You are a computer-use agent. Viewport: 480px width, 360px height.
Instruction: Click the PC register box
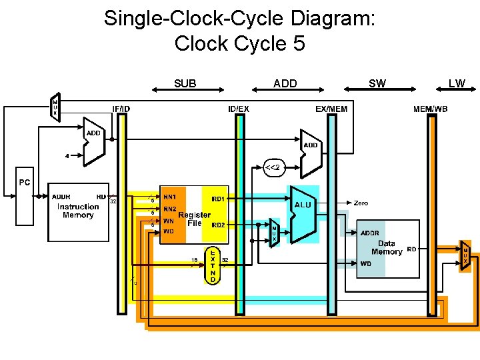[x=25, y=200]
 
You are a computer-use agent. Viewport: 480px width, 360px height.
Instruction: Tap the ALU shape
[x=303, y=213]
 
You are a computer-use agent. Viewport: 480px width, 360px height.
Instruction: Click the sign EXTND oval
[x=212, y=266]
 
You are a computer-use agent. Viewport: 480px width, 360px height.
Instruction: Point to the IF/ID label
[x=121, y=109]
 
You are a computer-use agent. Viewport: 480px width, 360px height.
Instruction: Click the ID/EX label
[x=239, y=109]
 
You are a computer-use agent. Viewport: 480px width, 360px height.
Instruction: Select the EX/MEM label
[x=331, y=109]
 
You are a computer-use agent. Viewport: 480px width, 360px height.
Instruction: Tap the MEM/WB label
[x=431, y=109]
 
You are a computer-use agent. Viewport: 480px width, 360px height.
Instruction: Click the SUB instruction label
[x=185, y=84]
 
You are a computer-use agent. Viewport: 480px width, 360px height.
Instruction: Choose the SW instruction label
[x=377, y=83]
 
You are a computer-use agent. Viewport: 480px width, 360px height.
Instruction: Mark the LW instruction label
[x=457, y=83]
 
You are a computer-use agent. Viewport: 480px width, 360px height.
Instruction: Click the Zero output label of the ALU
[x=361, y=202]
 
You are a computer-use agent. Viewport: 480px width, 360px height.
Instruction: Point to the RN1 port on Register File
[x=169, y=197]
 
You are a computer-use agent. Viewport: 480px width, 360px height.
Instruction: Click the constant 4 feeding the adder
[x=66, y=157]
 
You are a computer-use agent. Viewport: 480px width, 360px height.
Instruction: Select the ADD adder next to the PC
[x=94, y=141]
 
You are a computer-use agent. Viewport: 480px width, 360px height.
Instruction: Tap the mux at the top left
[x=55, y=107]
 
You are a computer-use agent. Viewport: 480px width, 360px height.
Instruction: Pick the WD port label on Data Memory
[x=366, y=263]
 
